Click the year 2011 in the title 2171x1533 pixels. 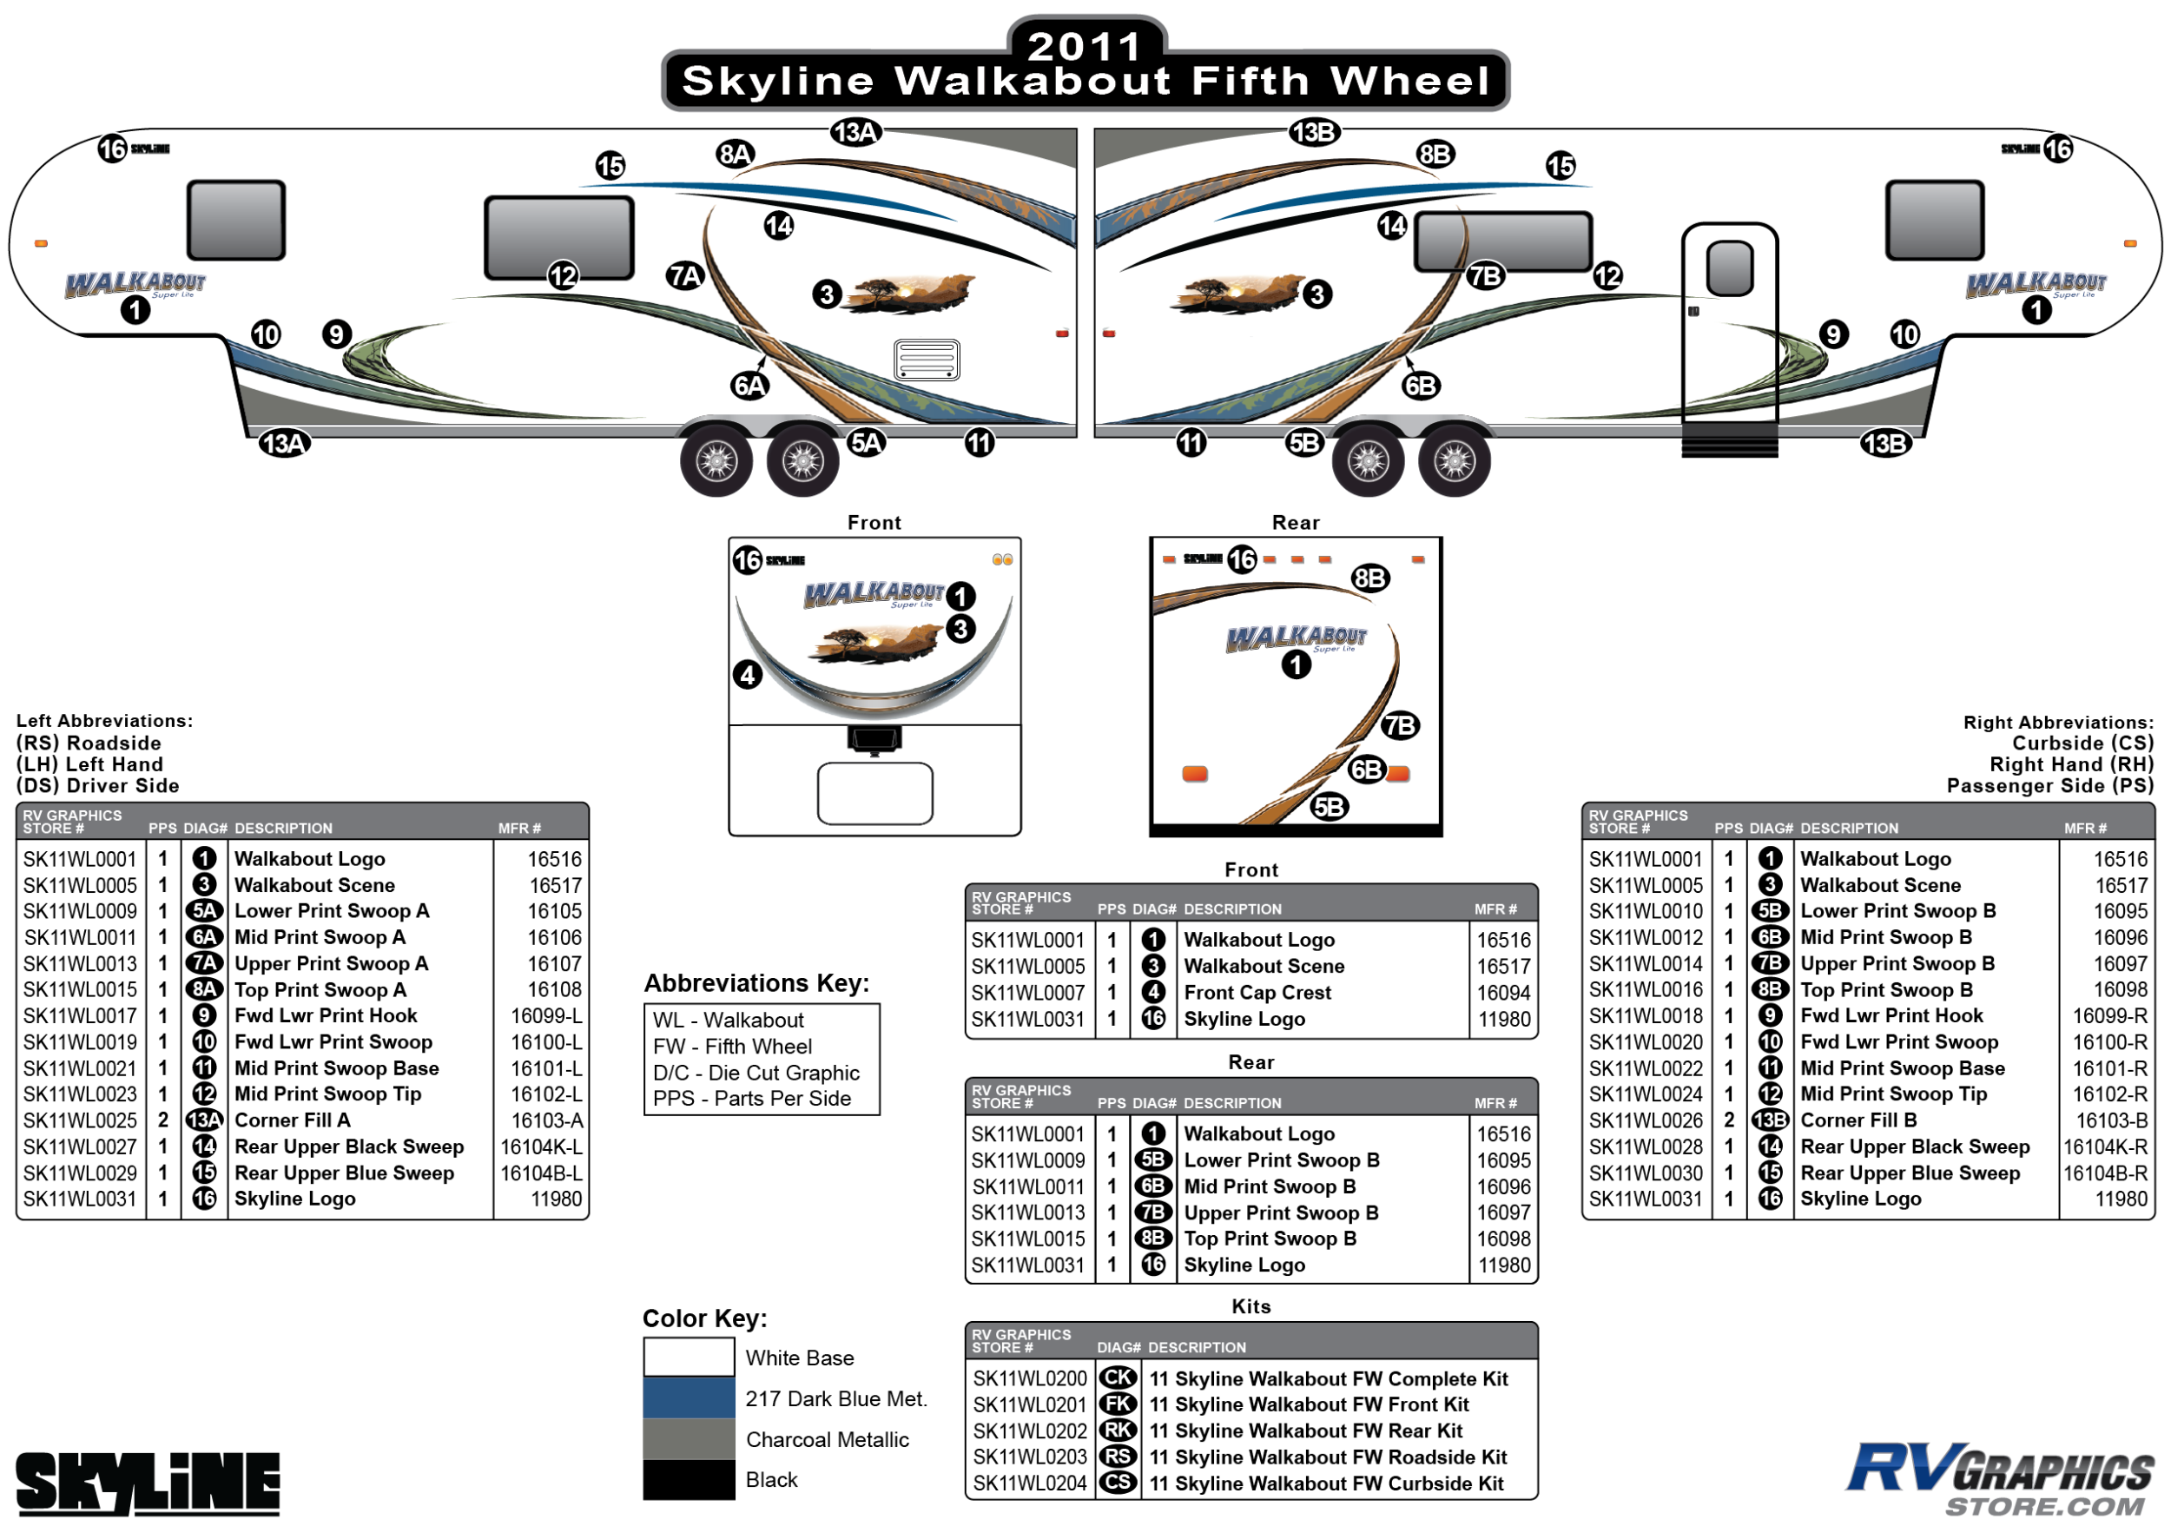(x=1085, y=45)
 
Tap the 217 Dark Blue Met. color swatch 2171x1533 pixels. (x=689, y=1397)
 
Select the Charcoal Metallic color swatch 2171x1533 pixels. (x=689, y=1438)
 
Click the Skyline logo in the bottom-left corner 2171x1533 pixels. (x=148, y=1483)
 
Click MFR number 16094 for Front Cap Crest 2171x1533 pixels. (x=1502, y=992)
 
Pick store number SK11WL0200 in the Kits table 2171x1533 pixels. (x=1029, y=1378)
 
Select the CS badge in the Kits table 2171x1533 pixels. (x=1118, y=1483)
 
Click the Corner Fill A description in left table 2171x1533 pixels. (x=292, y=1120)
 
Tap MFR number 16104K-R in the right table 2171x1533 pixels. (x=2104, y=1146)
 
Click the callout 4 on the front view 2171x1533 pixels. (x=748, y=674)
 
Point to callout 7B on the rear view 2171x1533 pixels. (x=1399, y=725)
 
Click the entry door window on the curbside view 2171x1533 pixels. (x=1730, y=268)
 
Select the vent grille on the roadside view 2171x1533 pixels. (x=927, y=360)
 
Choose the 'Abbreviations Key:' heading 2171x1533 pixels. (x=756, y=982)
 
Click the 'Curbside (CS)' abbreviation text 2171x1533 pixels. (x=2082, y=743)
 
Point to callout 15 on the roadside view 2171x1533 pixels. (x=610, y=167)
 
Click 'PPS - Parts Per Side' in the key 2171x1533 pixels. (x=752, y=1098)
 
